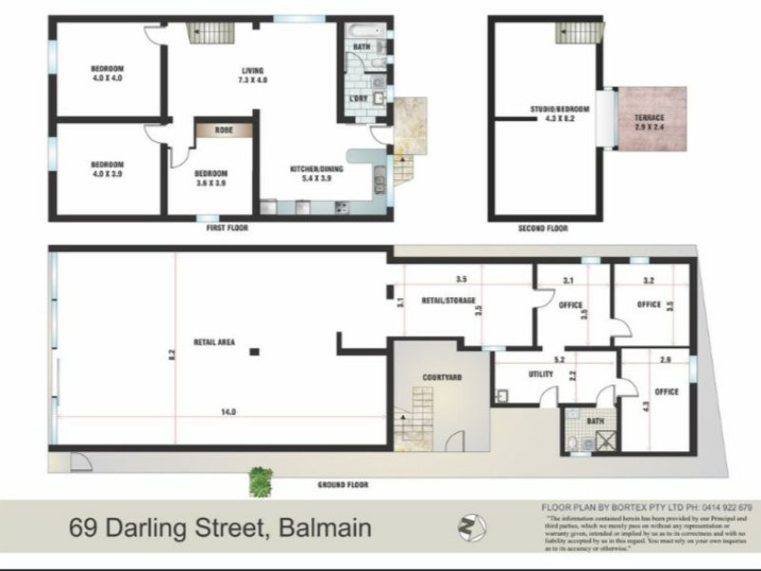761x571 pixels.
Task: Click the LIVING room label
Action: (252, 69)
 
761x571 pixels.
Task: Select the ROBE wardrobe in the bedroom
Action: (224, 130)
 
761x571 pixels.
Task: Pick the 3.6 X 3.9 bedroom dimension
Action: (211, 183)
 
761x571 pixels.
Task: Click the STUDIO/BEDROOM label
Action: (559, 110)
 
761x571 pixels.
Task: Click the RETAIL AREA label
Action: (215, 342)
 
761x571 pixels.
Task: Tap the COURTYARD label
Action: (441, 378)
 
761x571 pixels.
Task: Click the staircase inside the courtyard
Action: (415, 423)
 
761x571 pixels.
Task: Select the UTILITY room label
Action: (540, 375)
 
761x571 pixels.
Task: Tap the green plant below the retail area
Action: (259, 482)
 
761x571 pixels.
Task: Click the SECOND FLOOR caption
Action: (543, 228)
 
